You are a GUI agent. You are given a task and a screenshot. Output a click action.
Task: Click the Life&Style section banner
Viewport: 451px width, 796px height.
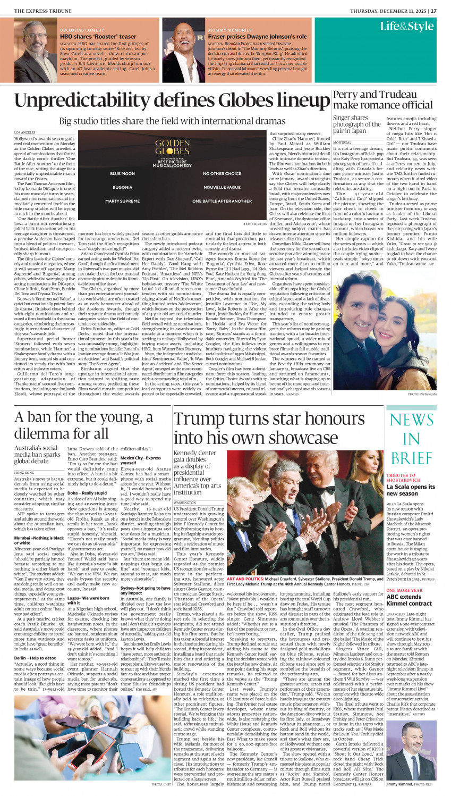406,27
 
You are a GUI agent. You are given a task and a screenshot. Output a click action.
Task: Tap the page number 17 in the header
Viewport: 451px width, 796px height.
433,11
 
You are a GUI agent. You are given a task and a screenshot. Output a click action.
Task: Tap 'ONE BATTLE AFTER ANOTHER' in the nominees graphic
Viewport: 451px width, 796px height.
222,202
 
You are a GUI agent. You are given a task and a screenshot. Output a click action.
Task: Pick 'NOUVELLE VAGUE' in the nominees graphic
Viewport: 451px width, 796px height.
222,188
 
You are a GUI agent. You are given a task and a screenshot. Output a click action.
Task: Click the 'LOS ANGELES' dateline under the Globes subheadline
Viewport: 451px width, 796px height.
25,132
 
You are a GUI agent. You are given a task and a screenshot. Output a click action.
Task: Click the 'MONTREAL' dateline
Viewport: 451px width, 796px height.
343,143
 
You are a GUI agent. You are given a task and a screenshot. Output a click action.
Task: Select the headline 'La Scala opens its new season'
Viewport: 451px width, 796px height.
411,490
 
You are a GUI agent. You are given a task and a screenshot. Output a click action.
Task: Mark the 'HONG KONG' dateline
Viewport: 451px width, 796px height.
24,472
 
